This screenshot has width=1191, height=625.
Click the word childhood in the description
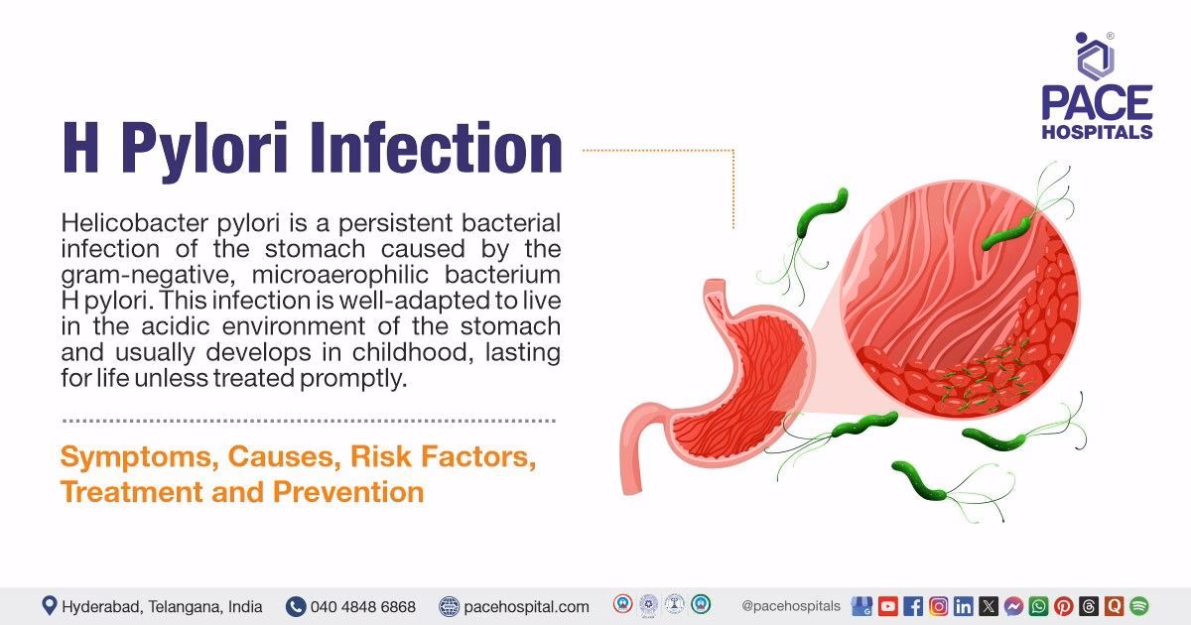pos(437,352)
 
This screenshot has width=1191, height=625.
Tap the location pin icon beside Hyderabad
pos(49,606)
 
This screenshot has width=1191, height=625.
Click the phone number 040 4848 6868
pos(362,606)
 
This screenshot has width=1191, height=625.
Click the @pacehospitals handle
pos(791,606)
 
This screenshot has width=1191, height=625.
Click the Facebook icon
pos(913,606)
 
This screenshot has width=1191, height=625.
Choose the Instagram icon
pos(938,606)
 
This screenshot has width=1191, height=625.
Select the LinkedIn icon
pos(963,606)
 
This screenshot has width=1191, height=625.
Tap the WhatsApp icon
pos(1038,606)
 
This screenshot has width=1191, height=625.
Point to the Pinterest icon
pos(1063,606)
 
